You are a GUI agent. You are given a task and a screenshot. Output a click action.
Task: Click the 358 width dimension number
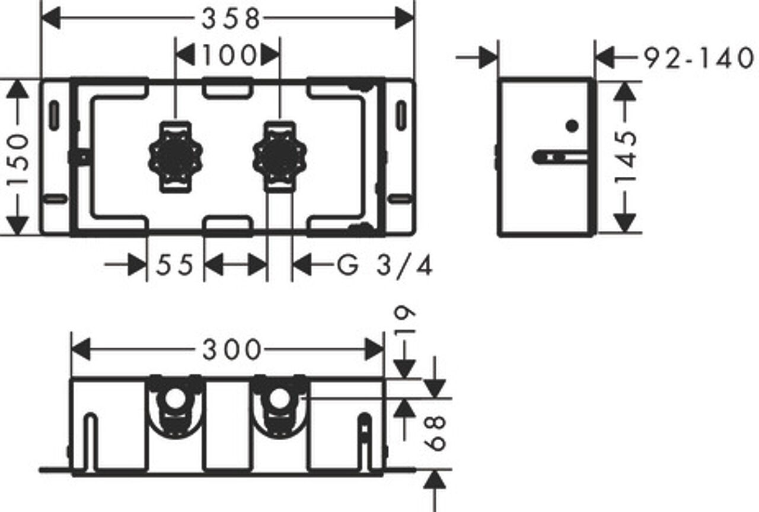(231, 18)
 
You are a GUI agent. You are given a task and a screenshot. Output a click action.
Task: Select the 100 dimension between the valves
(229, 55)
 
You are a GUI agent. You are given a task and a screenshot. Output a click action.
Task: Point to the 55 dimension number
(174, 265)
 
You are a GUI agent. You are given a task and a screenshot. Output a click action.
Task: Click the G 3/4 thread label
(385, 265)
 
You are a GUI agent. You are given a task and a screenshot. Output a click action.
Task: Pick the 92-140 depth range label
(699, 58)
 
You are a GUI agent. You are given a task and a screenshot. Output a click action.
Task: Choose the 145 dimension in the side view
(626, 157)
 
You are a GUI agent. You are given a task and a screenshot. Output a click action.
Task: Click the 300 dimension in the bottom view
(232, 350)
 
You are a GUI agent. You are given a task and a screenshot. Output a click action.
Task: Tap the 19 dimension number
(405, 319)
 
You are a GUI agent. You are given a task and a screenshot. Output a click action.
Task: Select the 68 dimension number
(435, 434)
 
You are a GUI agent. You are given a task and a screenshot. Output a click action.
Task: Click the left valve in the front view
(176, 157)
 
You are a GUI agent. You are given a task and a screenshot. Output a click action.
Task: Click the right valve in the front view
(280, 157)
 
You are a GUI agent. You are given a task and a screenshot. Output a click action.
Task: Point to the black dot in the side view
(572, 126)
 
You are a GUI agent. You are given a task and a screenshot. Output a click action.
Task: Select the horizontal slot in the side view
(559, 158)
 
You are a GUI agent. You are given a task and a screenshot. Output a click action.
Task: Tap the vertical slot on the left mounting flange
(54, 116)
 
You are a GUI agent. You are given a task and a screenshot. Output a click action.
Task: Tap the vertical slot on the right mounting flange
(401, 116)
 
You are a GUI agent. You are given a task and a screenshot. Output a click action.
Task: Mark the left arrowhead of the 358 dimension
(50, 18)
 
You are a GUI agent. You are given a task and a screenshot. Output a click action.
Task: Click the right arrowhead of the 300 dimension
(374, 349)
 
